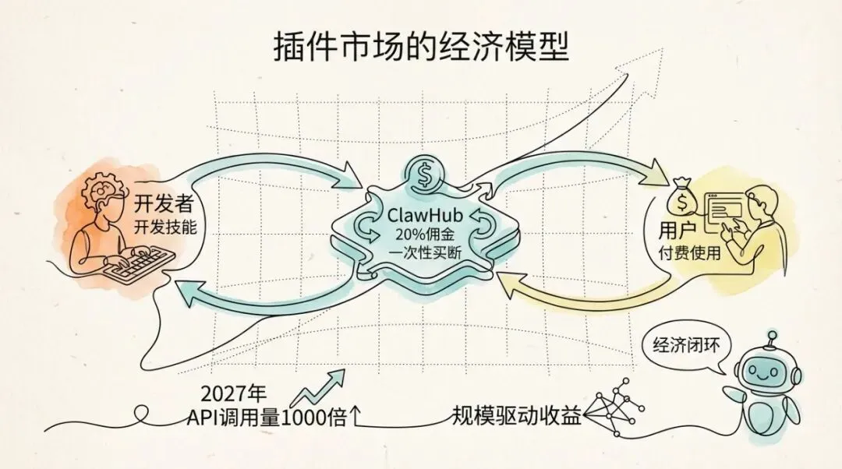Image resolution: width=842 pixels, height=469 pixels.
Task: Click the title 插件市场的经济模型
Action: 421,48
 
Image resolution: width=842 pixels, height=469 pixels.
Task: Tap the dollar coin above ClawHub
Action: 423,175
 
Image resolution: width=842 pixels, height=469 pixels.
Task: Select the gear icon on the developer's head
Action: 103,188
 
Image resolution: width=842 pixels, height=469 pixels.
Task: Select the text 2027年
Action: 229,393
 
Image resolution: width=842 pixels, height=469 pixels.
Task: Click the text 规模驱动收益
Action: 517,415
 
